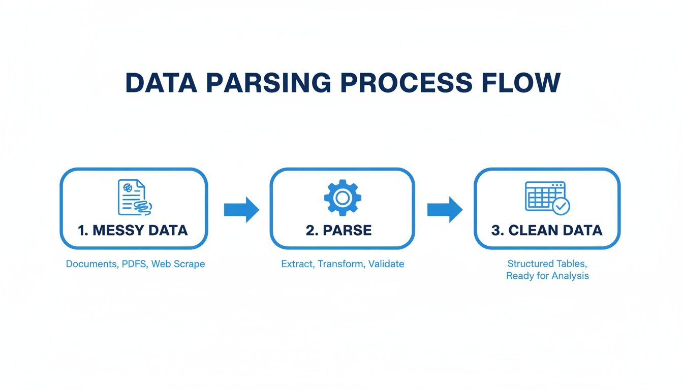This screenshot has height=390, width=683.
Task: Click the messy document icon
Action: [134, 197]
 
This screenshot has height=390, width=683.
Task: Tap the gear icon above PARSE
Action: [343, 197]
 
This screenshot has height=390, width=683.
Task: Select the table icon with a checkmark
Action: [546, 197]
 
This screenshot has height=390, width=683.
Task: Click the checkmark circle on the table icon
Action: [561, 206]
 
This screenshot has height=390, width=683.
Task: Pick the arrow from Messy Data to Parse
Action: [241, 209]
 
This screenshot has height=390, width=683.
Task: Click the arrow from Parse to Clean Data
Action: [445, 209]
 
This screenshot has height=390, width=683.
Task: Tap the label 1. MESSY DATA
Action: [133, 230]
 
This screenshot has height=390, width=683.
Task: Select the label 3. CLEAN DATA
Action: [547, 230]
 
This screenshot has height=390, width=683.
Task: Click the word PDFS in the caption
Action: [134, 264]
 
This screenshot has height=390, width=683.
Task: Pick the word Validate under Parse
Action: [387, 264]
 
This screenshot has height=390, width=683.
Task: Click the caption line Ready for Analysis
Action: [547, 276]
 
